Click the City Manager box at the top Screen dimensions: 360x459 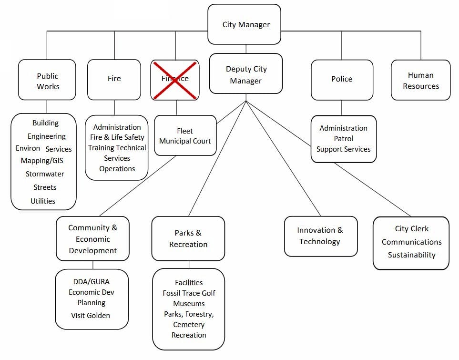click(246, 24)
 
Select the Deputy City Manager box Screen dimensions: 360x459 click(246, 75)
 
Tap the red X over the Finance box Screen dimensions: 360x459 click(175, 79)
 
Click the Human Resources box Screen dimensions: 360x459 click(420, 81)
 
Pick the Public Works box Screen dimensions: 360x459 click(48, 81)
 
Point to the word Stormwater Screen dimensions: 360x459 click(45, 174)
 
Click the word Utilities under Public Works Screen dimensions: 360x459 click(43, 201)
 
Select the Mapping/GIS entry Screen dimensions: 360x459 click(42, 161)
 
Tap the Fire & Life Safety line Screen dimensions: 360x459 click(117, 137)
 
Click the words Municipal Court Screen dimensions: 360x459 click(185, 141)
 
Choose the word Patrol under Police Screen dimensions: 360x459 click(343, 139)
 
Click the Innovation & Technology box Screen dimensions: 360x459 click(320, 236)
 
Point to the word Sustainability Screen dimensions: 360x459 click(411, 255)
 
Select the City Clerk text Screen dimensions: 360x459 click(411, 229)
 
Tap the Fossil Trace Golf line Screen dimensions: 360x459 click(189, 293)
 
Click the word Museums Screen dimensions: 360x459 click(189, 304)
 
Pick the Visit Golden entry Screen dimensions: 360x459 click(91, 315)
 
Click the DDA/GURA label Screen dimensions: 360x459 click(91, 282)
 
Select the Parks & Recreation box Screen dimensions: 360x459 click(188, 238)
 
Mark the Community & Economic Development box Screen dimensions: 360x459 click(92, 239)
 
